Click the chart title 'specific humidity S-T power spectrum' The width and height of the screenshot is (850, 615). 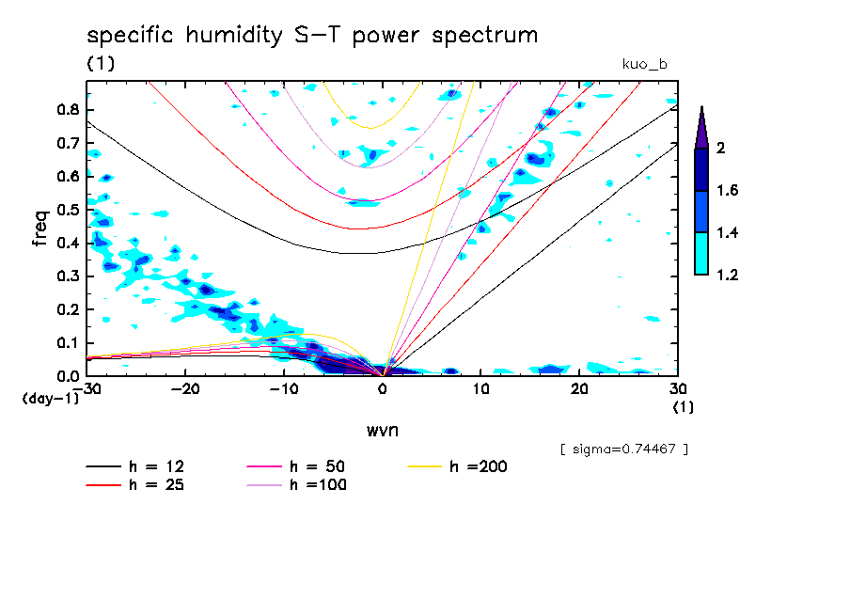[312, 36]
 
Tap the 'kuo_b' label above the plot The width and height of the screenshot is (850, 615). [644, 64]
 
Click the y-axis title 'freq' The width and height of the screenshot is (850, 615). [40, 228]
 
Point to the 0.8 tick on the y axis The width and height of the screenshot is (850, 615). [68, 109]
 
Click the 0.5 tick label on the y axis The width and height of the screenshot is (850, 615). [68, 210]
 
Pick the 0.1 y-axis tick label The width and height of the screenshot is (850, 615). [68, 343]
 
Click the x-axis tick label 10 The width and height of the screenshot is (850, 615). [480, 389]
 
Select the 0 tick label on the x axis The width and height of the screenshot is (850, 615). [383, 389]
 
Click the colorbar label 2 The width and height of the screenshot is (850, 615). [722, 149]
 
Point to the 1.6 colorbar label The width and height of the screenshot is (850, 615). [727, 191]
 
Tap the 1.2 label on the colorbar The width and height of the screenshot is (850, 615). [727, 276]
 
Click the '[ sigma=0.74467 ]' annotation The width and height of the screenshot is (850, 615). [623, 449]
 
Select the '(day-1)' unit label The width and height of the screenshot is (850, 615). [50, 399]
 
